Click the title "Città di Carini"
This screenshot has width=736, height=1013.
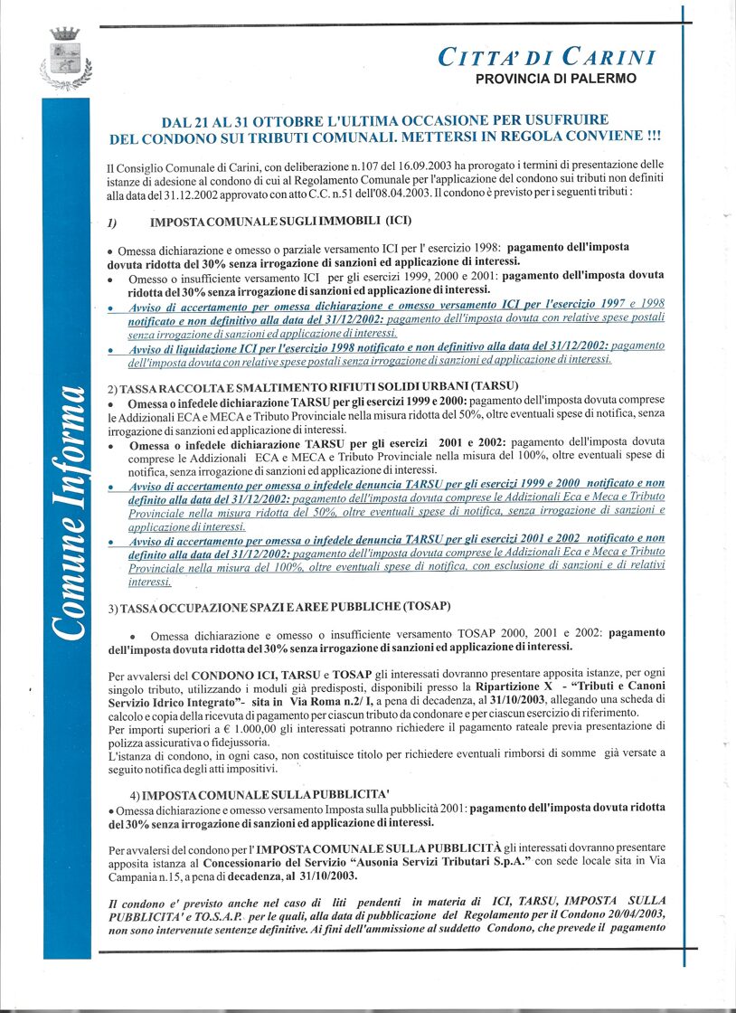(x=546, y=57)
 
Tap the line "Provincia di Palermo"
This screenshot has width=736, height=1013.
(x=555, y=79)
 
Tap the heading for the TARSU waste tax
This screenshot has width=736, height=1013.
(x=312, y=387)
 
